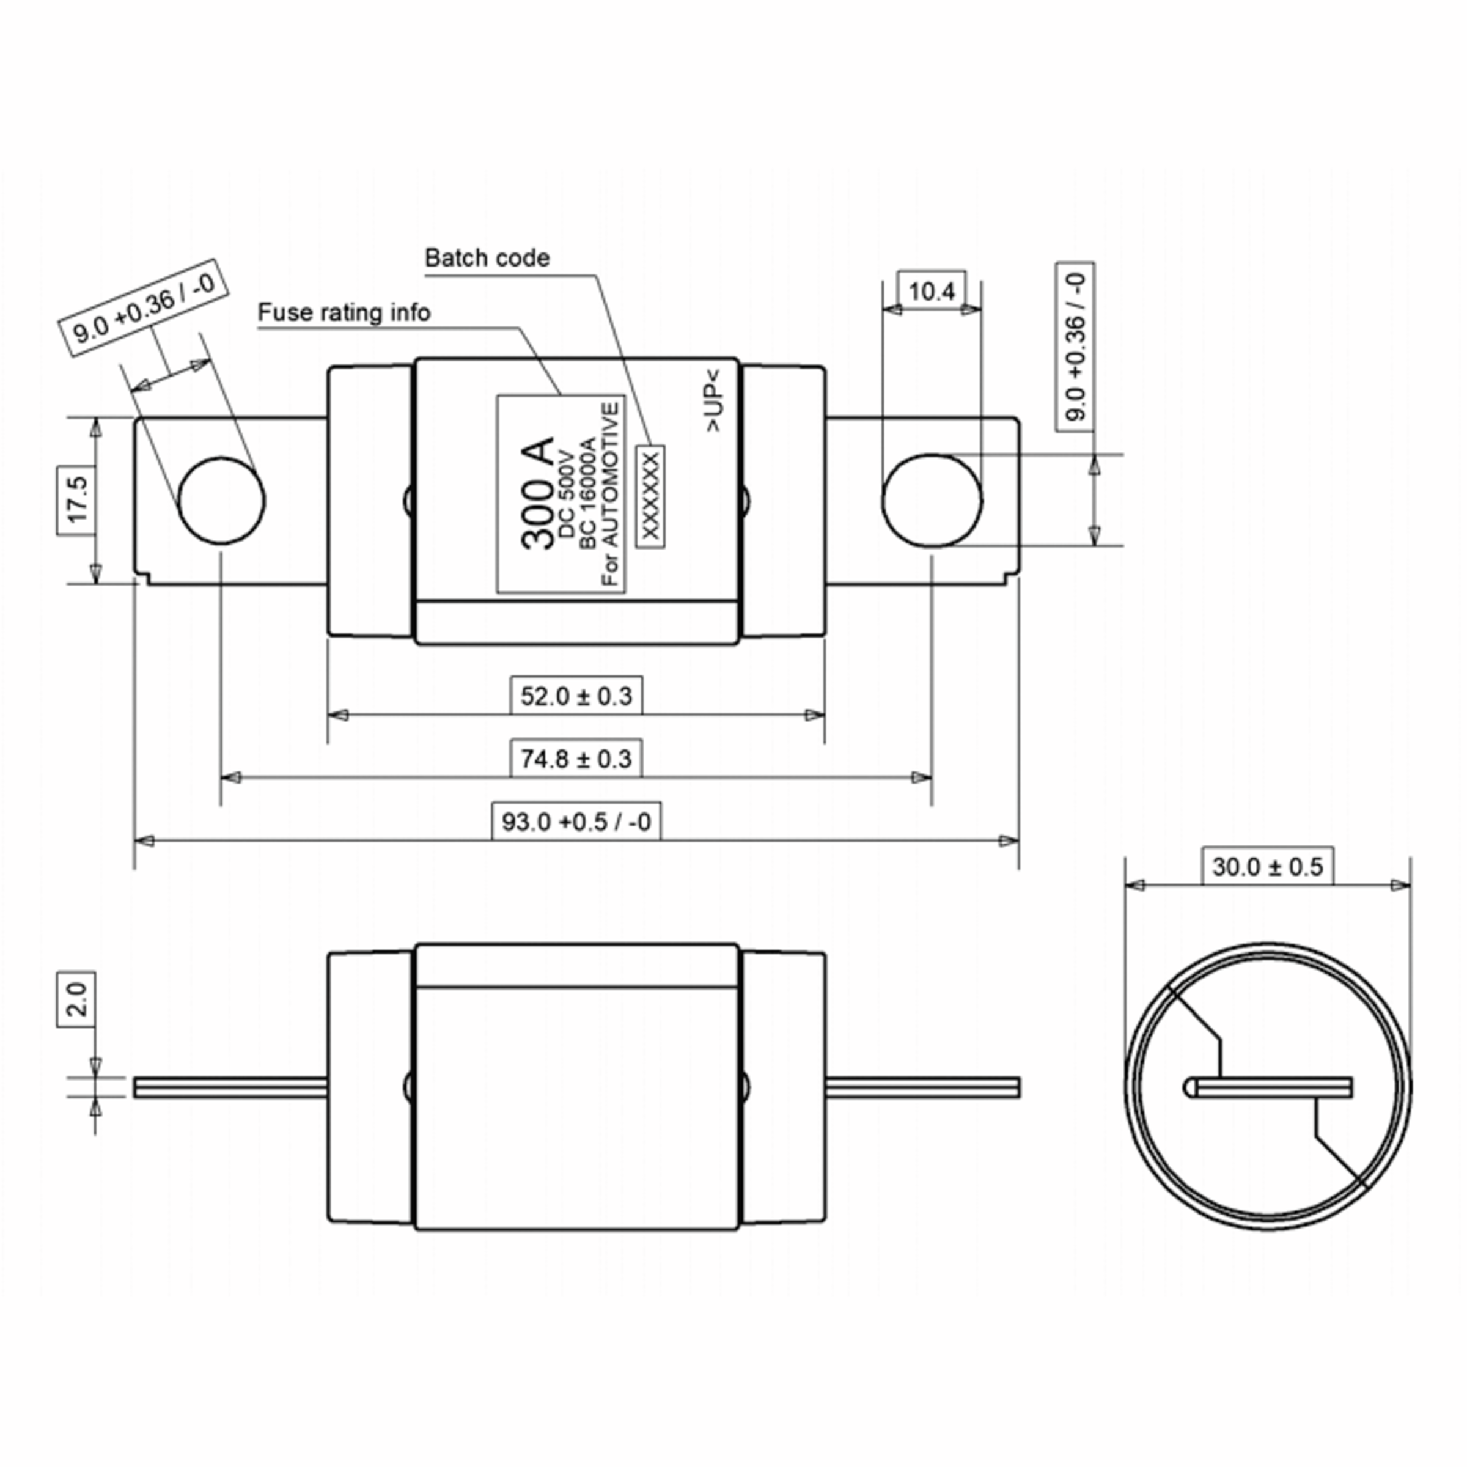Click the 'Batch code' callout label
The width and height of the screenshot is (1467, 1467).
(487, 258)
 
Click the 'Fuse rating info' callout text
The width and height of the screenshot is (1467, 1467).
(344, 313)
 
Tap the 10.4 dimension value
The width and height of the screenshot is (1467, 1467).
(931, 291)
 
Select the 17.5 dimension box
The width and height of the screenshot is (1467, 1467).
(76, 501)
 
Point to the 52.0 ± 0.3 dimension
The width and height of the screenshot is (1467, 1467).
(576, 696)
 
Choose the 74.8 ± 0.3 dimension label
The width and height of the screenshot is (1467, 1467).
(576, 759)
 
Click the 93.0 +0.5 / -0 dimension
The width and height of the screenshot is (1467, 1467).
(576, 822)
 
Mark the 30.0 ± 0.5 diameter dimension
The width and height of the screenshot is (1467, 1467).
(1267, 866)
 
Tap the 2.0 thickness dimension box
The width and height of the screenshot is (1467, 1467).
(76, 999)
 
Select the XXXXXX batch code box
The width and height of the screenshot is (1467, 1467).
(651, 496)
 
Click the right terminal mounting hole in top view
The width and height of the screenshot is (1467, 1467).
(932, 501)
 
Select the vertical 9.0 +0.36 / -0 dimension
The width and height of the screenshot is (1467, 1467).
(1075, 347)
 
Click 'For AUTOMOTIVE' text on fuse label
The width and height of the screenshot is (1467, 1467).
(611, 493)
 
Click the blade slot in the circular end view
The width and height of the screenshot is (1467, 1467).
(1268, 1088)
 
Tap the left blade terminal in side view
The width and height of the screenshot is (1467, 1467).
(230, 1087)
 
